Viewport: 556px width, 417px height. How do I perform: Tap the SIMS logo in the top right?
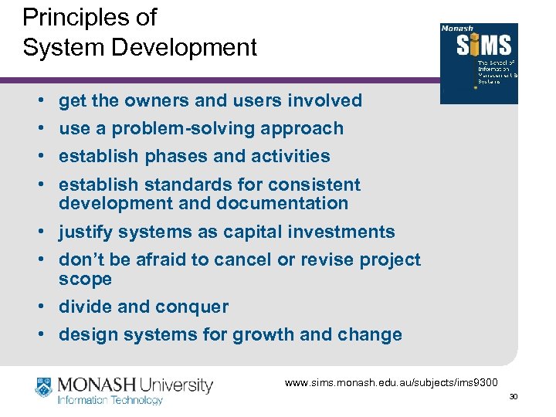coord(479,63)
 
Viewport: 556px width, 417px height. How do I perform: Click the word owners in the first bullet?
coord(153,100)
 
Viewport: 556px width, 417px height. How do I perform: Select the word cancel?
coord(244,259)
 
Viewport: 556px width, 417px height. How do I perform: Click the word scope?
coord(85,278)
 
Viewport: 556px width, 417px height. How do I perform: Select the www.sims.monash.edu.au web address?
coord(392,382)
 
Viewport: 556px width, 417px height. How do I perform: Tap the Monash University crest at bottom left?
coord(43,387)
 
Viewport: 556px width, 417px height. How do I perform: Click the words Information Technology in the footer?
coord(110,400)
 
